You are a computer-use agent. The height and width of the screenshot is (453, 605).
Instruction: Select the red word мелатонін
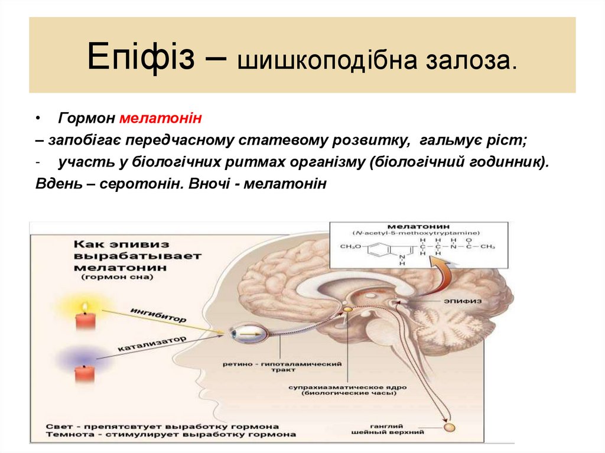pyautogui.click(x=161, y=119)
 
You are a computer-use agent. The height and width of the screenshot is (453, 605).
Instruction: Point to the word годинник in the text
pyautogui.click(x=507, y=162)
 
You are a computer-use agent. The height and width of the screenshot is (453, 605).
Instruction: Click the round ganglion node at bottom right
pyautogui.click(x=450, y=426)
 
